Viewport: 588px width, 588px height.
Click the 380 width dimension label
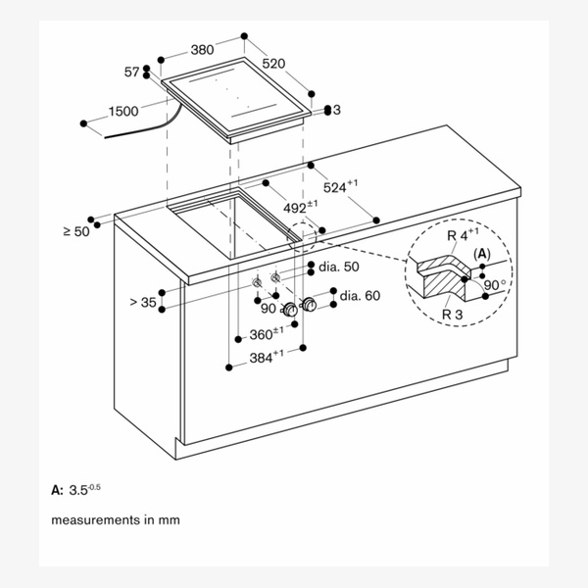pyautogui.click(x=204, y=49)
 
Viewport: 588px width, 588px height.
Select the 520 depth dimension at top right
pyautogui.click(x=273, y=63)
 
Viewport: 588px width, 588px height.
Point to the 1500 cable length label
pyautogui.click(x=122, y=112)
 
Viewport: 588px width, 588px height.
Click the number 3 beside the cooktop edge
pyautogui.click(x=335, y=111)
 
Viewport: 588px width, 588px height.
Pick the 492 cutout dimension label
pyautogui.click(x=300, y=207)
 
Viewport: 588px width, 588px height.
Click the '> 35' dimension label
pyautogui.click(x=142, y=303)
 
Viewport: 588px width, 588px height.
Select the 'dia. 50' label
pyautogui.click(x=337, y=267)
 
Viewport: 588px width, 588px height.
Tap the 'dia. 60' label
pyautogui.click(x=360, y=294)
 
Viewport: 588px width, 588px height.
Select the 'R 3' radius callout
pyautogui.click(x=452, y=314)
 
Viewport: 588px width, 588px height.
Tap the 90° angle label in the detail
pyautogui.click(x=495, y=285)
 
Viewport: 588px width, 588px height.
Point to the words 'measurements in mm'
pyautogui.click(x=116, y=519)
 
